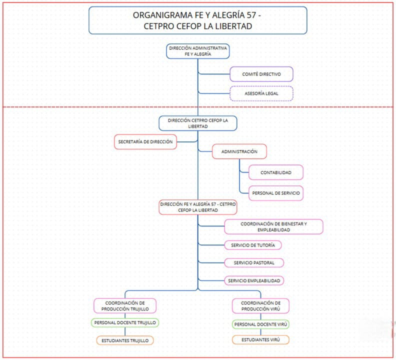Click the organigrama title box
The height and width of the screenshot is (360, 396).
click(x=197, y=20)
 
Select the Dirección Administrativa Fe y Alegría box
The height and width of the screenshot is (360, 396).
click(x=197, y=51)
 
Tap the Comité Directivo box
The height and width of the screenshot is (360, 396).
click(x=261, y=74)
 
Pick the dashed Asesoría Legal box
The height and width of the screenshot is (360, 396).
click(x=261, y=93)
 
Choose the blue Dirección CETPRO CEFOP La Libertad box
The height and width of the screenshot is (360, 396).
click(x=197, y=123)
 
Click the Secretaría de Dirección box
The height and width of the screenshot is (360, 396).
click(x=145, y=142)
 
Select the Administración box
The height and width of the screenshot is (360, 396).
click(x=239, y=151)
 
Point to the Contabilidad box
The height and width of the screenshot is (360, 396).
click(x=275, y=172)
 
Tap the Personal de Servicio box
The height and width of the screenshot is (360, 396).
click(x=275, y=193)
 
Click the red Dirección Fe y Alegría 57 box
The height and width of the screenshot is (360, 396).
click(x=197, y=207)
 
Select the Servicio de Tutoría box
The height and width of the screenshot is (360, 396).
click(x=253, y=245)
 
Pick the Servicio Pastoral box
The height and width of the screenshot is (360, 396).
click(x=254, y=262)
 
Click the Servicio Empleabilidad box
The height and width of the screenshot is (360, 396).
click(x=254, y=281)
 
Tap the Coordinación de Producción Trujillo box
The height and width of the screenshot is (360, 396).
click(x=125, y=305)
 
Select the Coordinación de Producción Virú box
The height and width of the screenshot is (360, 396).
click(x=260, y=305)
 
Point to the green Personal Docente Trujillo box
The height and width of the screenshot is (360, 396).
click(x=125, y=323)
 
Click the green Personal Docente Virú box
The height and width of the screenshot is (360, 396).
click(x=260, y=324)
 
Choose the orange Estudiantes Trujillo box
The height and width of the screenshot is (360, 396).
click(x=125, y=340)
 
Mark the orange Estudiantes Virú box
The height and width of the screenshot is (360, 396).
click(x=260, y=340)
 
